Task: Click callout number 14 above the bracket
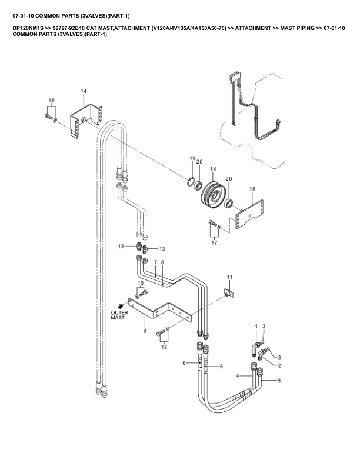coord(84,91)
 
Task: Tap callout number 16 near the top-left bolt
coord(51,101)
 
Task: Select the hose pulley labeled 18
coord(213,194)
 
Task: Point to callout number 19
coord(192,159)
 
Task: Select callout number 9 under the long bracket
coord(144,331)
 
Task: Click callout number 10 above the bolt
coord(141,284)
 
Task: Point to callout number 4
coord(238,375)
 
